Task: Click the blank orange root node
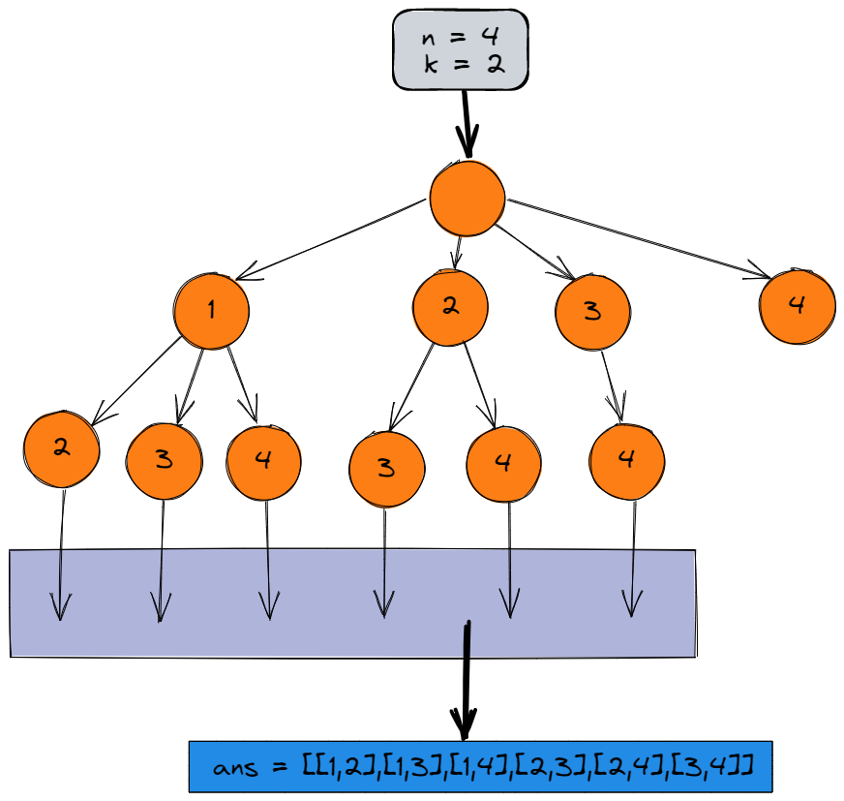pyautogui.click(x=467, y=199)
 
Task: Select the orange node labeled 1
pyautogui.click(x=211, y=311)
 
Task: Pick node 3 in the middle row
pyautogui.click(x=592, y=312)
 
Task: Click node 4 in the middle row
pyautogui.click(x=797, y=306)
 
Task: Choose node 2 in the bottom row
pyautogui.click(x=61, y=449)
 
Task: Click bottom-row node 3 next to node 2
pyautogui.click(x=164, y=460)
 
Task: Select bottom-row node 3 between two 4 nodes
pyautogui.click(x=386, y=470)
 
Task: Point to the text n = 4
pyautogui.click(x=460, y=39)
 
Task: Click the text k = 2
pyautogui.click(x=460, y=66)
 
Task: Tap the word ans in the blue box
pyautogui.click(x=237, y=767)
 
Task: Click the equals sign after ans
pyautogui.click(x=281, y=768)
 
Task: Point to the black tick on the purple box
pyautogui.click(x=467, y=639)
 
